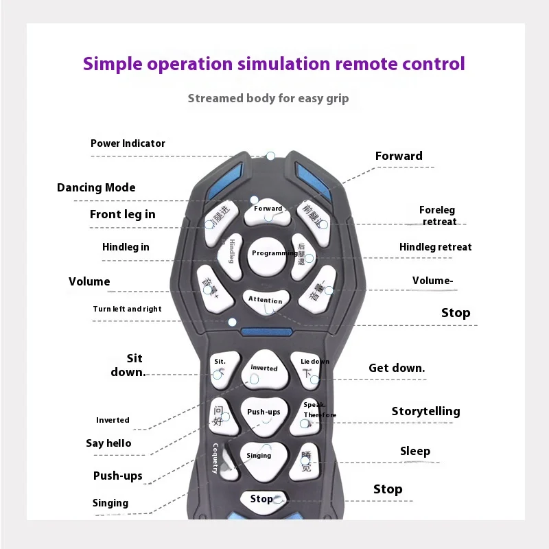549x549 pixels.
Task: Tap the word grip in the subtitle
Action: [x=336, y=98]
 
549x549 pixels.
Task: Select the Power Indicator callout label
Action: [x=128, y=143]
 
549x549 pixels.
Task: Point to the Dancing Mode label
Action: [x=96, y=187]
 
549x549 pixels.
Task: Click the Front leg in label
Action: [x=122, y=214]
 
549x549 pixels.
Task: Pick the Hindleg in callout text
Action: [x=126, y=247]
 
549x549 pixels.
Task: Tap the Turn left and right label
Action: [x=128, y=309]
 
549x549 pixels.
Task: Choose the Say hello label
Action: [x=108, y=443]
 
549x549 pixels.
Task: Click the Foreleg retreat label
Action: [x=438, y=215]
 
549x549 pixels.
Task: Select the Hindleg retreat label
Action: [x=436, y=247]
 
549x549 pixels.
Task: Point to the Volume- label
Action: [x=433, y=281]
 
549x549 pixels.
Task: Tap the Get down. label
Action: [x=397, y=368]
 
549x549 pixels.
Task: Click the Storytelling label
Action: [x=425, y=412]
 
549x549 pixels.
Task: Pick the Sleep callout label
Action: [x=415, y=451]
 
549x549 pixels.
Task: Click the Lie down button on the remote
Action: [x=314, y=369]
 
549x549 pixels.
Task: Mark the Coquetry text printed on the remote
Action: [x=215, y=458]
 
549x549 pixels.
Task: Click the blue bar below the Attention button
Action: [x=267, y=331]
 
